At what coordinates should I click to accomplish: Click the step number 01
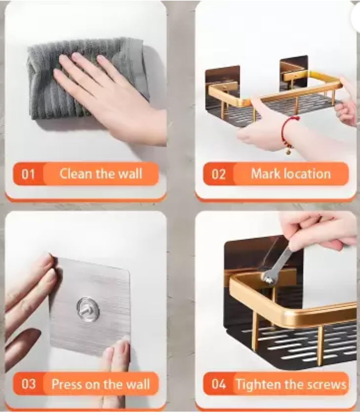[x=28, y=174]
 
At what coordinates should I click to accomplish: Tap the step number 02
[x=219, y=174]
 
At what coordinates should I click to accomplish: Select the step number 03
[x=28, y=384]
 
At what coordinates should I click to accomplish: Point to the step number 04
[x=219, y=384]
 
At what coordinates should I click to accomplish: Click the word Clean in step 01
[x=76, y=173]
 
